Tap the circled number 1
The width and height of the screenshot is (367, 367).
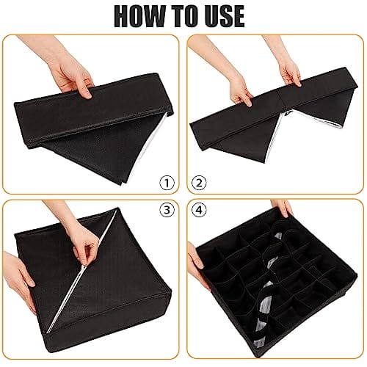pos(167,183)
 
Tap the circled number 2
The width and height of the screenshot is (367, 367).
pos(199,183)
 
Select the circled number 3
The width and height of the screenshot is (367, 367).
pos(167,210)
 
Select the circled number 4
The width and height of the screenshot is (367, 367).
pos(199,210)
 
